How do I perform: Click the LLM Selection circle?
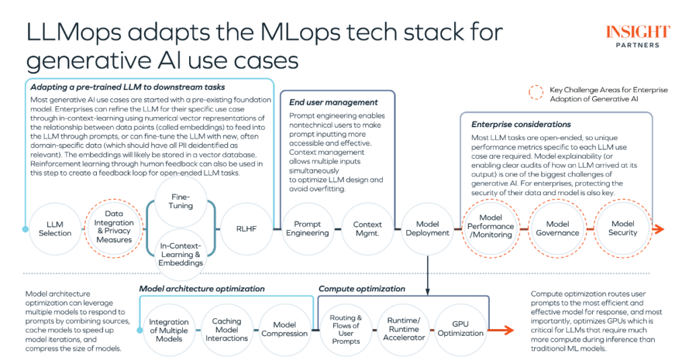click(55, 229)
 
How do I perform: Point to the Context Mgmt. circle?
click(367, 229)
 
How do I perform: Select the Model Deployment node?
click(427, 229)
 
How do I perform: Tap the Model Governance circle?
click(557, 229)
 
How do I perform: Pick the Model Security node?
click(622, 229)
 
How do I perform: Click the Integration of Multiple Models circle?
click(169, 327)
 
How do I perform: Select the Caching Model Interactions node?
click(227, 327)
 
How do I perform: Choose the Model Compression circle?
click(284, 328)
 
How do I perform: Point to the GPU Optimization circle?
click(461, 328)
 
